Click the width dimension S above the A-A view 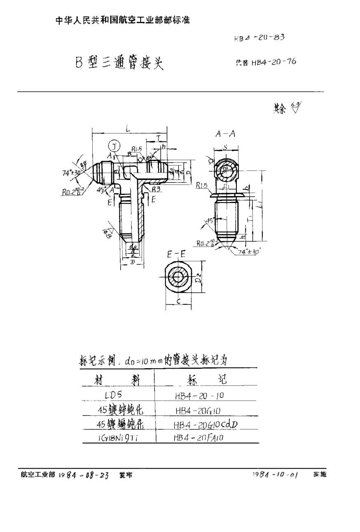tap(226, 146)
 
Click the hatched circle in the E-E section tap(178, 280)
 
